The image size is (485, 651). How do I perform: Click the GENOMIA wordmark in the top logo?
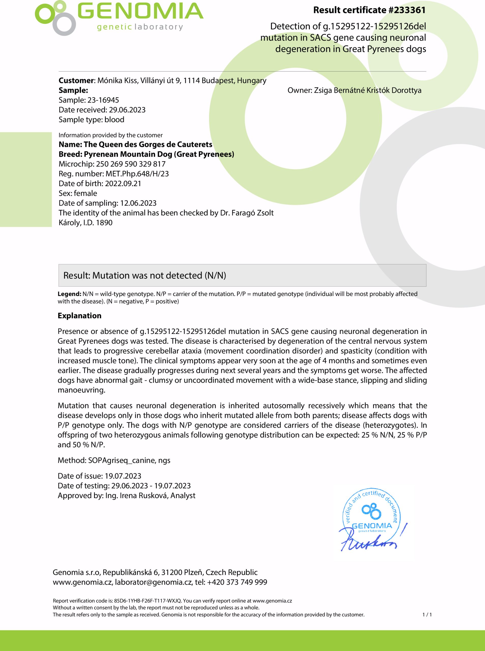(x=140, y=12)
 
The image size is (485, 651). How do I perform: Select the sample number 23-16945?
(x=103, y=100)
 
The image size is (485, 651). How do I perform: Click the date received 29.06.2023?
(x=127, y=110)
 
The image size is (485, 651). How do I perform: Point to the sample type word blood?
(x=114, y=120)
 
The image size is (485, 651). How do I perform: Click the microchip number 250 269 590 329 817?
(x=131, y=164)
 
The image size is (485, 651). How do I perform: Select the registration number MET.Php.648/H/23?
(x=137, y=174)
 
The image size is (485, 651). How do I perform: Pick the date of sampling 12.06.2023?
(x=138, y=203)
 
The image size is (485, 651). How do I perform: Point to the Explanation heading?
(x=80, y=316)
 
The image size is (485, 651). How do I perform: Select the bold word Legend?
(x=69, y=294)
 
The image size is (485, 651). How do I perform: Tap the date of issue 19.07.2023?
(x=123, y=476)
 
